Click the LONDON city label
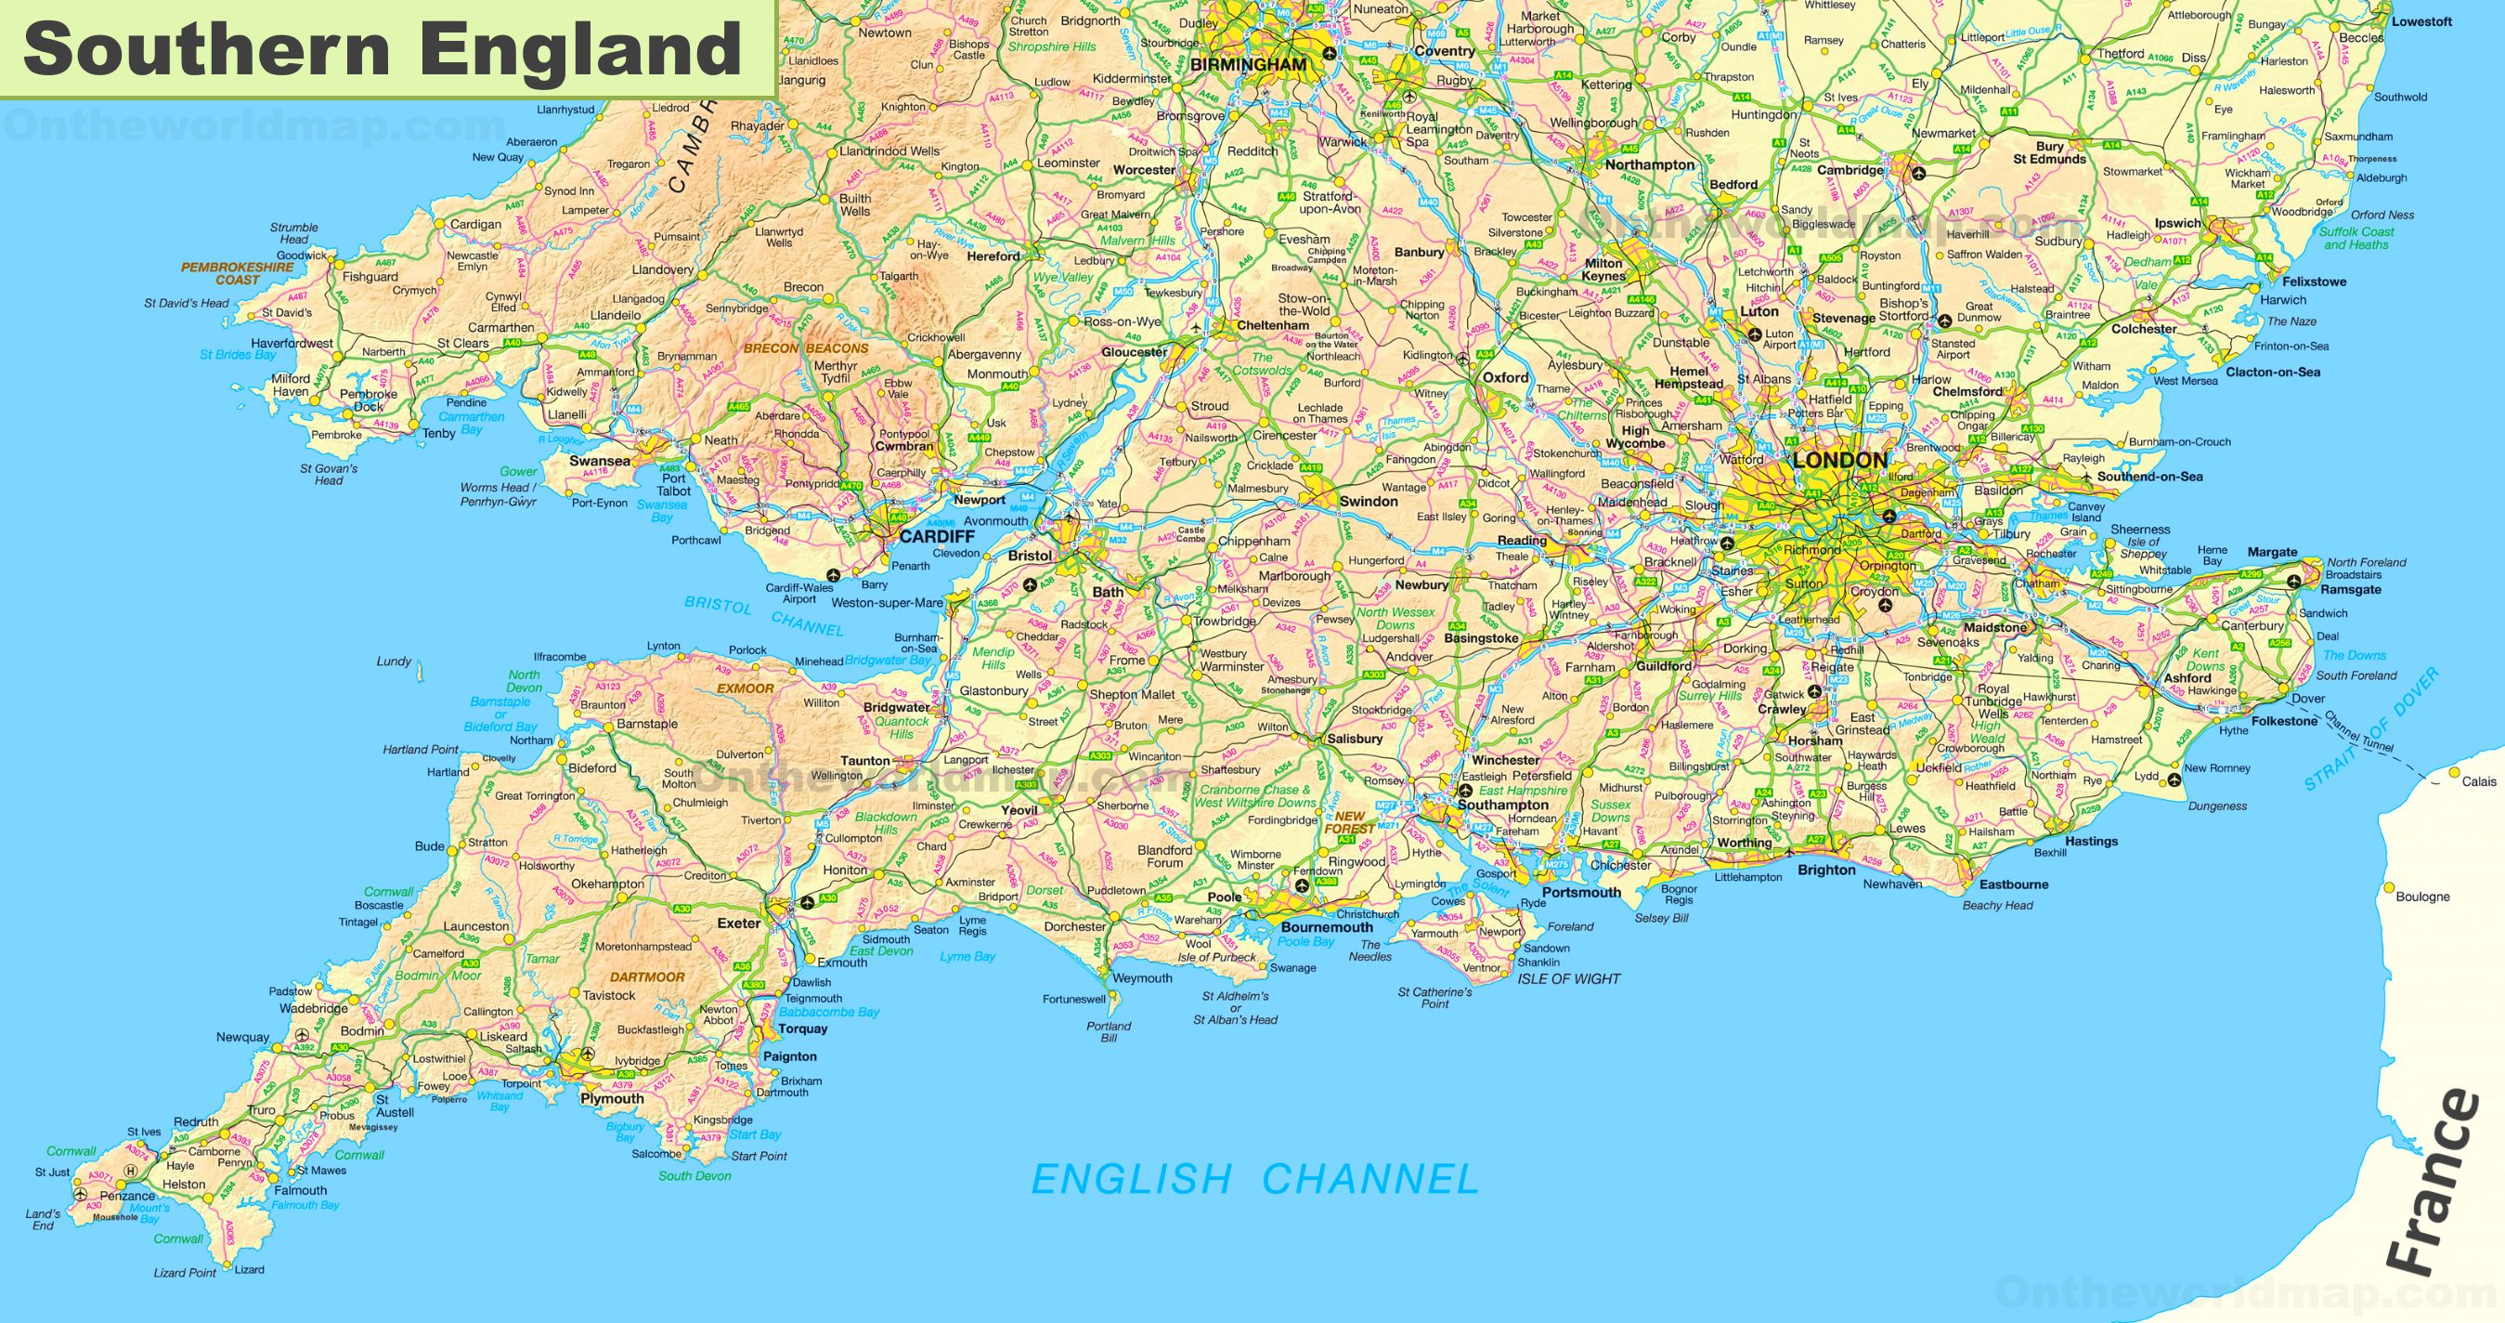pyautogui.click(x=1840, y=460)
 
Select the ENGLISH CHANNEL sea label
pyautogui.click(x=1253, y=1180)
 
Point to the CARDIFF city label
pyautogui.click(x=937, y=536)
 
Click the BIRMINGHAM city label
pyautogui.click(x=1249, y=64)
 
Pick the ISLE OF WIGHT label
pyautogui.click(x=1568, y=978)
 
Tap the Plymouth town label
pyautogui.click(x=612, y=1098)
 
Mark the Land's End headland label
pyautogui.click(x=43, y=1219)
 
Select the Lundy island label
pyautogui.click(x=394, y=661)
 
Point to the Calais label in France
pyautogui.click(x=2479, y=781)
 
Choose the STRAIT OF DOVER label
pyautogui.click(x=2372, y=729)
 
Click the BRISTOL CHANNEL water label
pyautogui.click(x=763, y=615)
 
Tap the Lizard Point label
pyautogui.click(x=185, y=1273)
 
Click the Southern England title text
pyautogui.click(x=383, y=48)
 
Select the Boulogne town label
pyautogui.click(x=2422, y=896)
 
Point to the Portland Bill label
pyautogui.click(x=1109, y=1031)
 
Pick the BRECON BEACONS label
pyautogui.click(x=805, y=348)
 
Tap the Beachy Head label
pyautogui.click(x=1997, y=905)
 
